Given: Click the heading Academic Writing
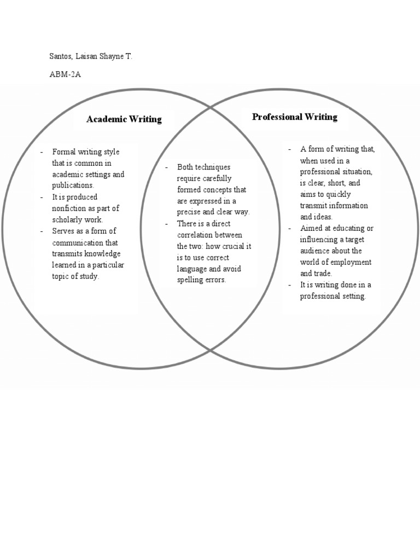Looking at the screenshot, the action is pyautogui.click(x=124, y=119).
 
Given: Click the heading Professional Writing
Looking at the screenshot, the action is pyautogui.click(x=294, y=117).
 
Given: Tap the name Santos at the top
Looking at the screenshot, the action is pyautogui.click(x=62, y=56).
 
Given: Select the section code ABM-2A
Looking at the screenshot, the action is pyautogui.click(x=65, y=74).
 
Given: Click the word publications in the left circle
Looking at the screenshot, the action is pyautogui.click(x=73, y=186).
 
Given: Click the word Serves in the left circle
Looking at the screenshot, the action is pyautogui.click(x=63, y=231).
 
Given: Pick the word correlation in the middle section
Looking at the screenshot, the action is pyautogui.click(x=196, y=235).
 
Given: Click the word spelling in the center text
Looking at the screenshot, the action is pyautogui.click(x=191, y=280).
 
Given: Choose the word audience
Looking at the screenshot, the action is pyautogui.click(x=315, y=251).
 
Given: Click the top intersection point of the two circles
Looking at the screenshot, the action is pyautogui.click(x=211, y=108).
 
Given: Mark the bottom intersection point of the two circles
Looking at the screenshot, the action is pyautogui.click(x=211, y=350).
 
